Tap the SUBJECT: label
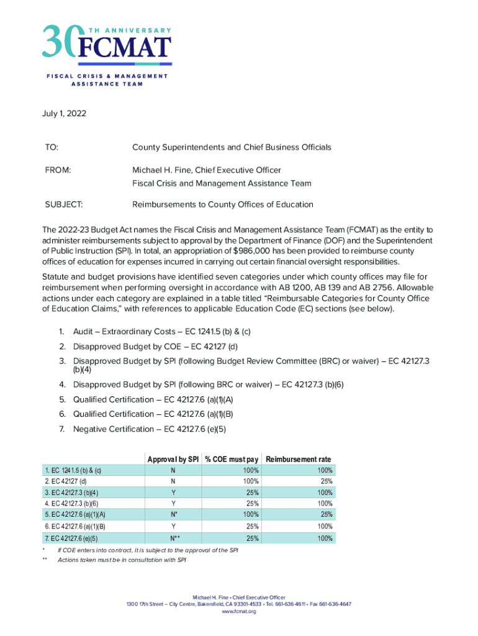65,204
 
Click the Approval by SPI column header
173,459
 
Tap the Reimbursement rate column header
299,459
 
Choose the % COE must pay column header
231,459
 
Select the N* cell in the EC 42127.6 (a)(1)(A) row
173,514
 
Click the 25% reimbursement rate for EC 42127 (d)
326,481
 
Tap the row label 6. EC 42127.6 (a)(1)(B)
75,527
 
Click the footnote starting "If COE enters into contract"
148,551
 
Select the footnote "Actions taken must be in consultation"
122,560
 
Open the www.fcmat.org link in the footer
238,612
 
